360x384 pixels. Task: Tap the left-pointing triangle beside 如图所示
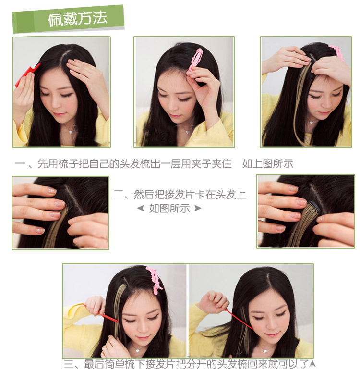(x=140, y=209)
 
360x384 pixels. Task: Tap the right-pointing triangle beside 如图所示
(x=197, y=209)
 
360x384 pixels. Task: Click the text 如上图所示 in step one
(x=267, y=164)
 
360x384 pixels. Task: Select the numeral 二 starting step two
(x=119, y=195)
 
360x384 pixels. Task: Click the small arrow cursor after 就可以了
(x=312, y=364)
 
